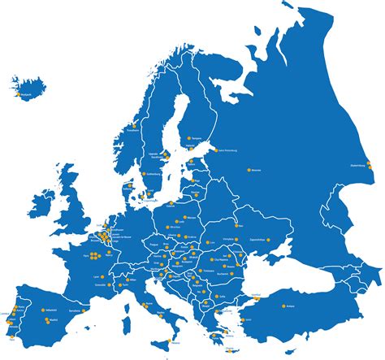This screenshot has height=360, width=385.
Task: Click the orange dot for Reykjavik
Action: pyautogui.click(x=18, y=94)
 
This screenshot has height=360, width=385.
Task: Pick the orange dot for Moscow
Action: pyautogui.click(x=249, y=170)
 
